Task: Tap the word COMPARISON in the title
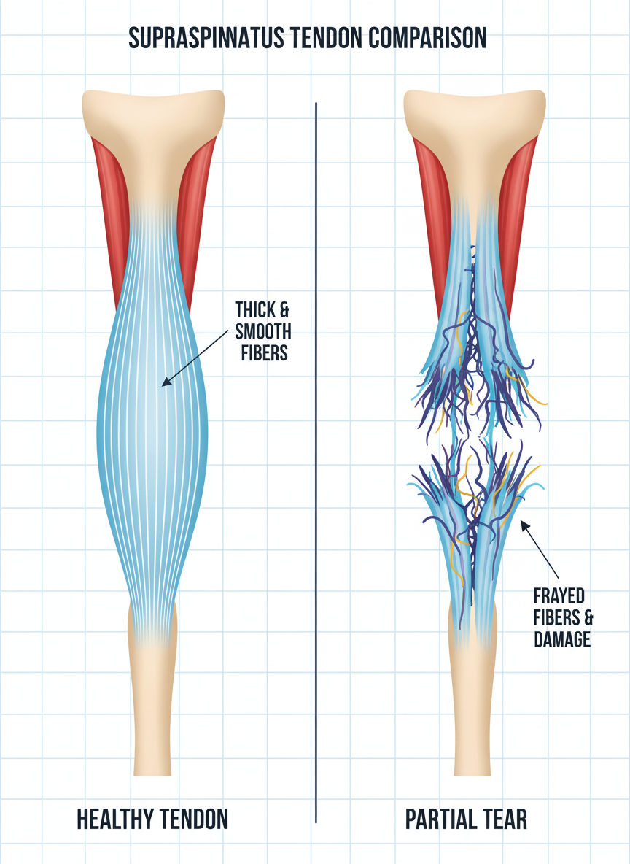pos(429,38)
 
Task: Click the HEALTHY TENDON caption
pos(152,819)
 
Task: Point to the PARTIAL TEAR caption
pos(466,819)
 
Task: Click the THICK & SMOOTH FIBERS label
pos(262,332)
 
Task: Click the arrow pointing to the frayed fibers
pos(540,547)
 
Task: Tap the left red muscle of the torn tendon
pos(430,212)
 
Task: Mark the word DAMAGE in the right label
pos(561,640)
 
